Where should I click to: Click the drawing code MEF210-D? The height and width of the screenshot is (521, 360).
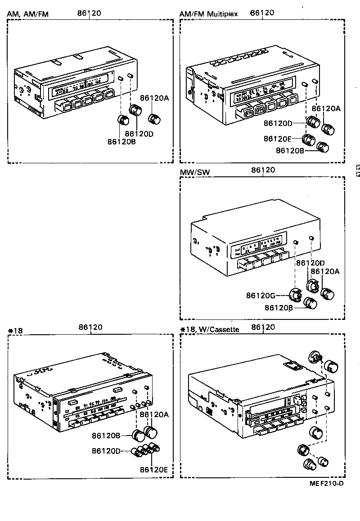[x=327, y=484]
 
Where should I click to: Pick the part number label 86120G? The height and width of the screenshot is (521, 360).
[x=261, y=296]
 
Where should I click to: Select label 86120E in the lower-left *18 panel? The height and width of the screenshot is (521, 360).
[x=154, y=469]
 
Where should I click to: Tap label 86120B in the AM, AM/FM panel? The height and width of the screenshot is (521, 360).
[x=122, y=141]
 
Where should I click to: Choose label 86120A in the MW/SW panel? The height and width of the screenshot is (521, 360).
[x=326, y=271]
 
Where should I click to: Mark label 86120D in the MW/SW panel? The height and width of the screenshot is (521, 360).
[x=310, y=262]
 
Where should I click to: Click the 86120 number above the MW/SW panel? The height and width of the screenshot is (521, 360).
[x=263, y=170]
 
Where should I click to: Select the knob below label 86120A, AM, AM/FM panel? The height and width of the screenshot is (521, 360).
[x=154, y=119]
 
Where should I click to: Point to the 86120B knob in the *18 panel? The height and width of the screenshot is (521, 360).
[x=138, y=435]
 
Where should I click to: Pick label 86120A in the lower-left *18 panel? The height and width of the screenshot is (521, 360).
[x=154, y=414]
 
